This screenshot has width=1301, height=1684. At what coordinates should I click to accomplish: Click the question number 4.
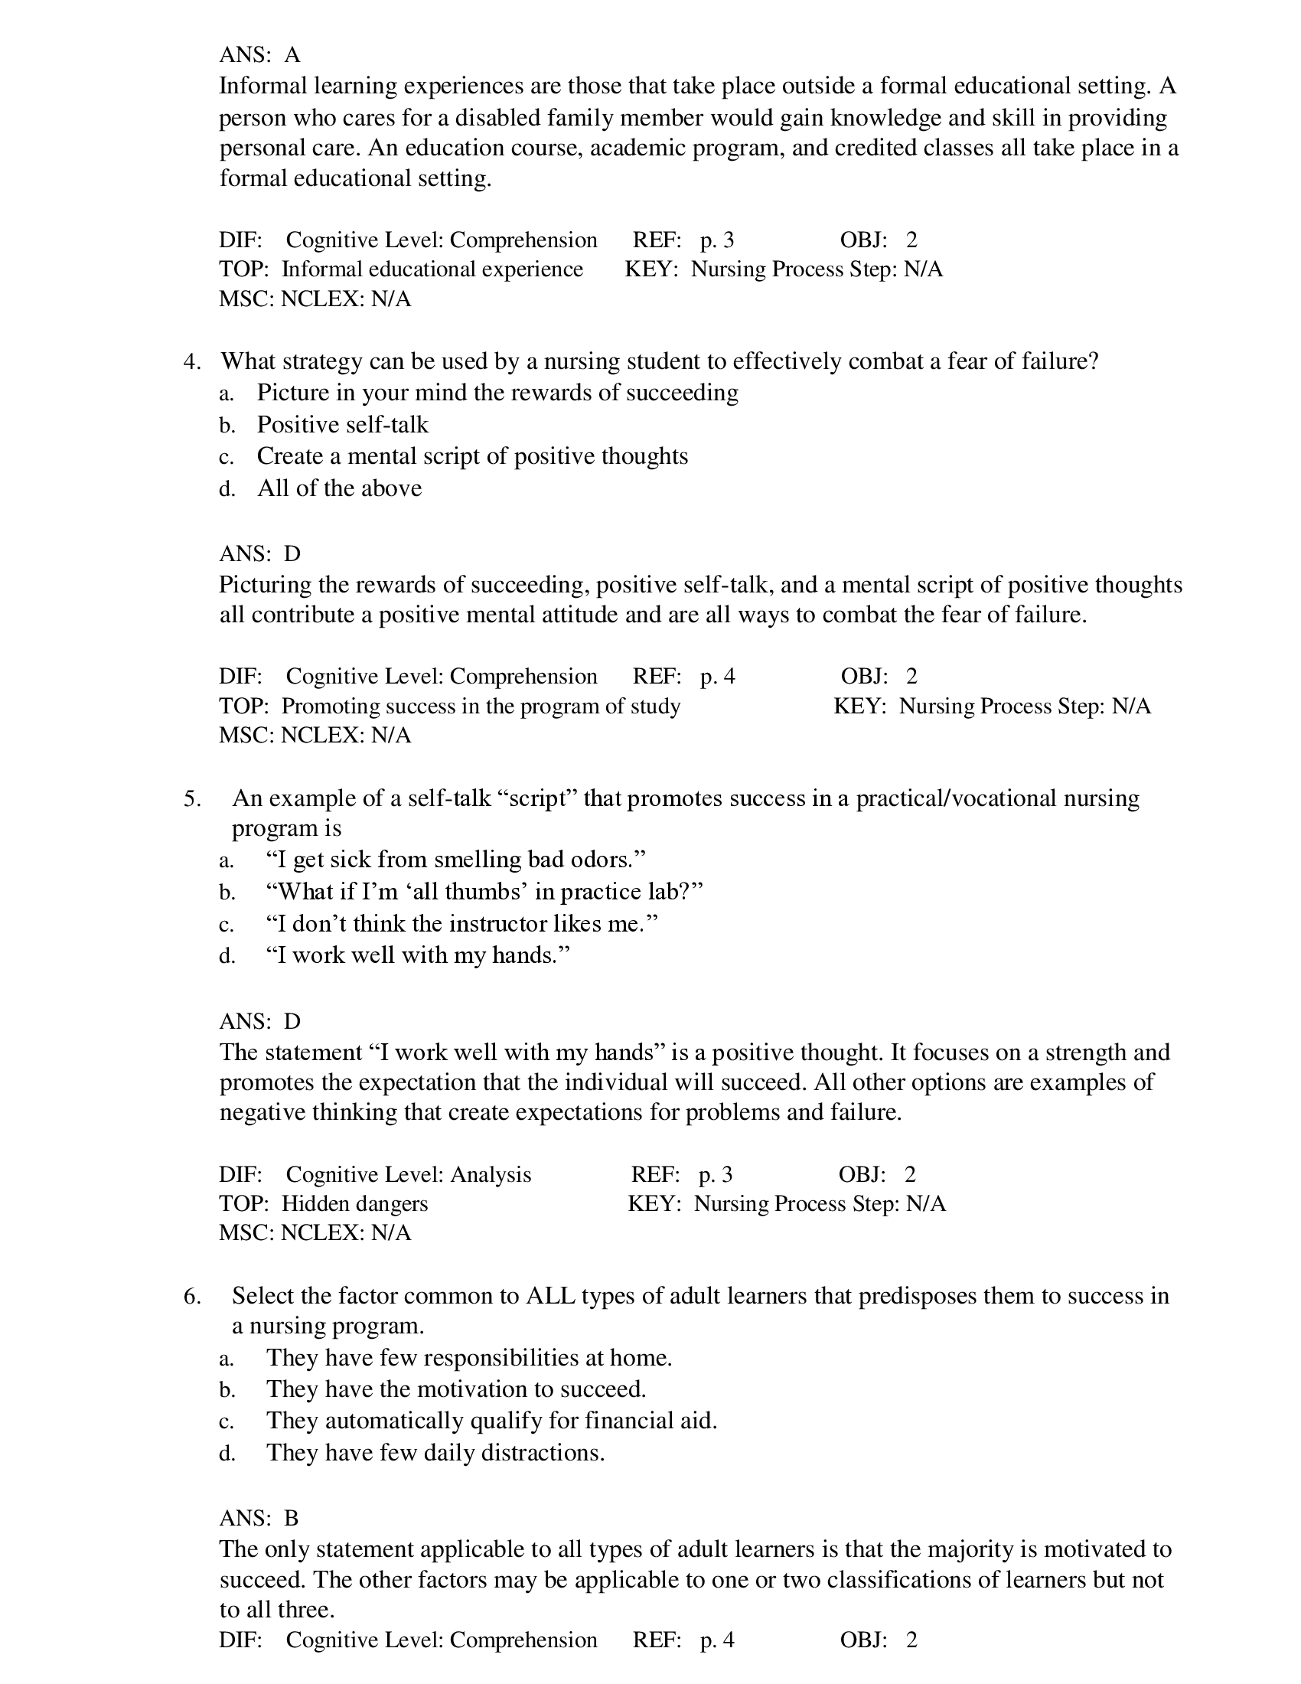point(191,361)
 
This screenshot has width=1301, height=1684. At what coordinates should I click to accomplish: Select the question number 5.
point(191,799)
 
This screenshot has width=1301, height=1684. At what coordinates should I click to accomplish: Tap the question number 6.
point(191,1296)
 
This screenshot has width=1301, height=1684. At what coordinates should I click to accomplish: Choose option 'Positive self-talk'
point(342,425)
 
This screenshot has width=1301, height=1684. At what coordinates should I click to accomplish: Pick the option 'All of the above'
point(339,488)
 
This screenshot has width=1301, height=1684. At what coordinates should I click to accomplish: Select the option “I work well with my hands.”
point(417,955)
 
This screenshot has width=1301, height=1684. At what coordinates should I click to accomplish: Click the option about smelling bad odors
point(455,860)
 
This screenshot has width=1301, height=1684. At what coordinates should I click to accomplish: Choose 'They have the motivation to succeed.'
point(455,1389)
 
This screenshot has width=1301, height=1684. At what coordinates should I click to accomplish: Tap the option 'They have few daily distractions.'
point(435,1453)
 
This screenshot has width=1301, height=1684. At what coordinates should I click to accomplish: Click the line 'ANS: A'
point(259,55)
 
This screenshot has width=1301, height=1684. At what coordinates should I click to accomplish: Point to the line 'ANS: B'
point(259,1518)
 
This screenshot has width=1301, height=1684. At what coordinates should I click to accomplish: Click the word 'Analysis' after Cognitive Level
point(491,1174)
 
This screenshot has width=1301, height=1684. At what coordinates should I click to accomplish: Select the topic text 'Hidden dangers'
point(354,1203)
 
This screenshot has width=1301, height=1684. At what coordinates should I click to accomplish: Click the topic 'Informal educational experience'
point(432,269)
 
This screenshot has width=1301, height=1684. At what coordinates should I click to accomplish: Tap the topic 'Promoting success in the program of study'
point(480,707)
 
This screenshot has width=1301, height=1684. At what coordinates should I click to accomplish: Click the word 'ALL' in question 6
point(550,1296)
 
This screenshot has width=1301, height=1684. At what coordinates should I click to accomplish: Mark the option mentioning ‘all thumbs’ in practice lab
point(484,892)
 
